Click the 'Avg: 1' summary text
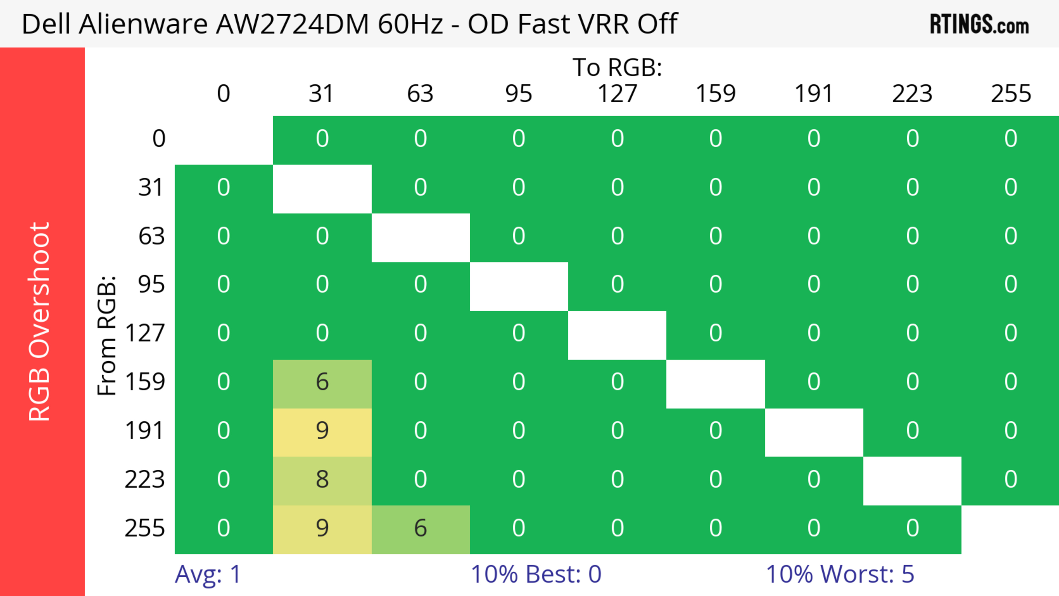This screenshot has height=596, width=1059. pos(208,574)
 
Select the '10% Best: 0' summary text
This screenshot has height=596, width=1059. pos(536,574)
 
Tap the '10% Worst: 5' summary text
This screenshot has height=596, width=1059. pos(840,574)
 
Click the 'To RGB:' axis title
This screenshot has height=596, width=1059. pos(617,67)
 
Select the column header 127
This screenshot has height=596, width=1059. pos(617,94)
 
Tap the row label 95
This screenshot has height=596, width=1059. pos(151,284)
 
